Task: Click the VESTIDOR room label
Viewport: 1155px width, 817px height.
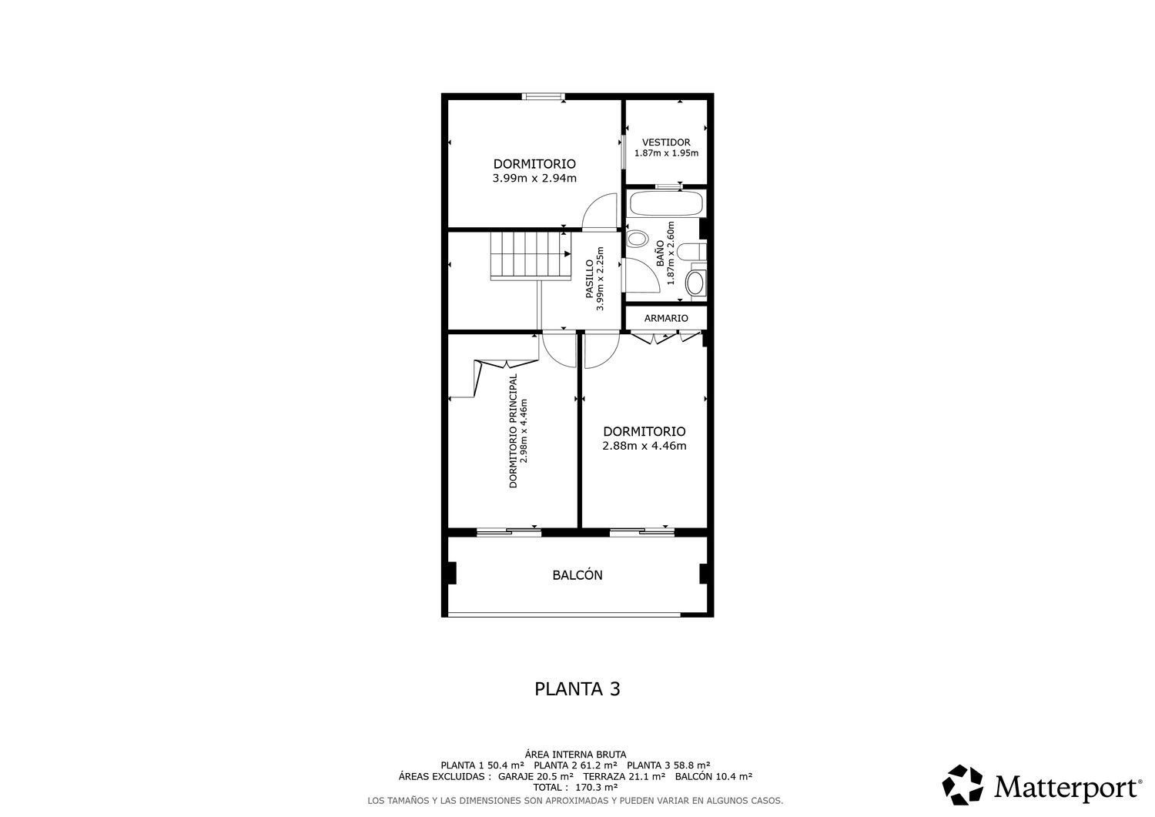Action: pyautogui.click(x=666, y=142)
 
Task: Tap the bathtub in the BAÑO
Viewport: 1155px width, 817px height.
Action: pyautogui.click(x=666, y=204)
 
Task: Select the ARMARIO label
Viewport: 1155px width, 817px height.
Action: pyautogui.click(x=666, y=318)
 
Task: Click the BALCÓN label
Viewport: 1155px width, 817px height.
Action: pyautogui.click(x=577, y=575)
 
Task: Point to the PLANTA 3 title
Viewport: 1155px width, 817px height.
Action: pyautogui.click(x=577, y=689)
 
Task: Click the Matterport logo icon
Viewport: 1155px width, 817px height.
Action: pyautogui.click(x=962, y=785)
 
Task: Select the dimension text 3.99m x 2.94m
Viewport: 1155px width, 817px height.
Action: pyautogui.click(x=534, y=179)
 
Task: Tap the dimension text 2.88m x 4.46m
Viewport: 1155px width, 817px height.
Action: pyautogui.click(x=644, y=446)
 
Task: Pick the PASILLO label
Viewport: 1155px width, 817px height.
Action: pyautogui.click(x=589, y=279)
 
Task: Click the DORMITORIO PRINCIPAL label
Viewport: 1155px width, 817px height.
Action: pyautogui.click(x=513, y=430)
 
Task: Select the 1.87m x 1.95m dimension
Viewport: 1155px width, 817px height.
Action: pyautogui.click(x=666, y=153)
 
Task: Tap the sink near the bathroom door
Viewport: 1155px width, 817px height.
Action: pyautogui.click(x=638, y=239)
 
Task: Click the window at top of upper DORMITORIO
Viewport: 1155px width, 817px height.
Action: pyautogui.click(x=543, y=96)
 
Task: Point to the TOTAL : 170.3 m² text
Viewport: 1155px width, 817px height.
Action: pyautogui.click(x=575, y=787)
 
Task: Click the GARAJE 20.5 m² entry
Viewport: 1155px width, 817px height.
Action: pyautogui.click(x=536, y=776)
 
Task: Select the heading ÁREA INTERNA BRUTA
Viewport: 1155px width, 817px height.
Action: pyautogui.click(x=575, y=755)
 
